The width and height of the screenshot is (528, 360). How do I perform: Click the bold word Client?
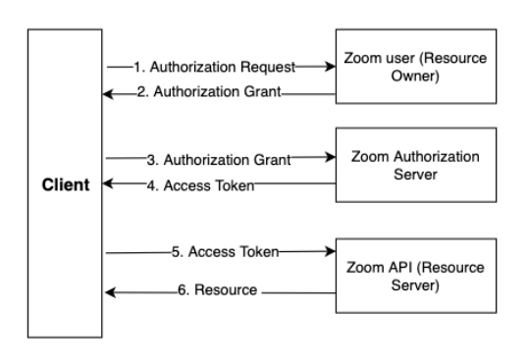(x=66, y=184)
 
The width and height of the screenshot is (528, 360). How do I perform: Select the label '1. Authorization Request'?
(x=215, y=67)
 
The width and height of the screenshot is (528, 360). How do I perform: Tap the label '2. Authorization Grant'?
(x=209, y=91)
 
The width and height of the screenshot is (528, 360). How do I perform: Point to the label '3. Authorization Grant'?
(x=219, y=160)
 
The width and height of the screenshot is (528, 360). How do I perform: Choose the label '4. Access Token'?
(x=200, y=185)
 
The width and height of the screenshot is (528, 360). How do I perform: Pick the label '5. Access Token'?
(x=226, y=252)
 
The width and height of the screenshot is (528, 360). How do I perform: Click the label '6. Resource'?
(x=218, y=290)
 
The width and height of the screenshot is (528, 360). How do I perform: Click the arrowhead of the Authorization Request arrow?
(x=331, y=67)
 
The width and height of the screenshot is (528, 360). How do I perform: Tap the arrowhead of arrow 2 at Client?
(x=108, y=94)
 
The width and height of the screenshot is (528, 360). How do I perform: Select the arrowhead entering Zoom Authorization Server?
(x=331, y=157)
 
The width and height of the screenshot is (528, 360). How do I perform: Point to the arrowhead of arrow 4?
(x=108, y=183)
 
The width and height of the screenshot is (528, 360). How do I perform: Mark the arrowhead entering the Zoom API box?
(x=331, y=251)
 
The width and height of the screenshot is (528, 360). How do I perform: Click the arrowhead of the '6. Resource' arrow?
(x=111, y=292)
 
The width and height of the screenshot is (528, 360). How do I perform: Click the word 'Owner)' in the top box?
(x=415, y=77)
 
